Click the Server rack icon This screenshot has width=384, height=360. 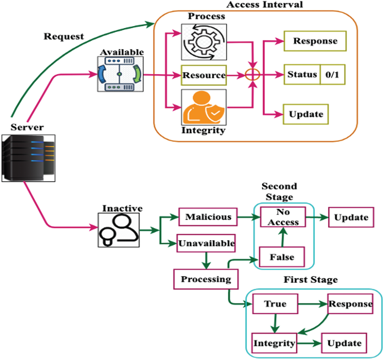click(28, 158)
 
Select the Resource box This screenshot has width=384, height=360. click(203, 75)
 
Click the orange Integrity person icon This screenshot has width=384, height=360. click(204, 108)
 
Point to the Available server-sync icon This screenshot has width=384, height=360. click(119, 74)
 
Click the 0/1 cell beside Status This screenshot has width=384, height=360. click(332, 75)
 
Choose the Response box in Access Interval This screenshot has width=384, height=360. click(315, 41)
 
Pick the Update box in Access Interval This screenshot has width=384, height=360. click(306, 114)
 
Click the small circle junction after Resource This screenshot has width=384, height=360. click(253, 75)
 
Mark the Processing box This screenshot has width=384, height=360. click(206, 279)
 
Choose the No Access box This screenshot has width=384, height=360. click(283, 217)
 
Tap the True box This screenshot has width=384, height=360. click(275, 304)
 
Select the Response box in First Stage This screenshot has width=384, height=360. click(350, 304)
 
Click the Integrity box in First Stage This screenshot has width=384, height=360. click(275, 343)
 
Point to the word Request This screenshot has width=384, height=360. click(64, 37)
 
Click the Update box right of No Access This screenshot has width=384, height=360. click(351, 217)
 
